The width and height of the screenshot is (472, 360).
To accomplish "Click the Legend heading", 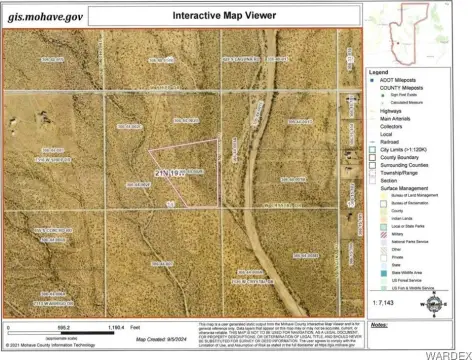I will click(377, 72).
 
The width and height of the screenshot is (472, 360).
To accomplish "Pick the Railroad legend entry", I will click(392, 142).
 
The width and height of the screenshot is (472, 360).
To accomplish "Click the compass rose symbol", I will click(431, 299).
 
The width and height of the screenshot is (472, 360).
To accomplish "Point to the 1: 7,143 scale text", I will click(384, 299).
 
